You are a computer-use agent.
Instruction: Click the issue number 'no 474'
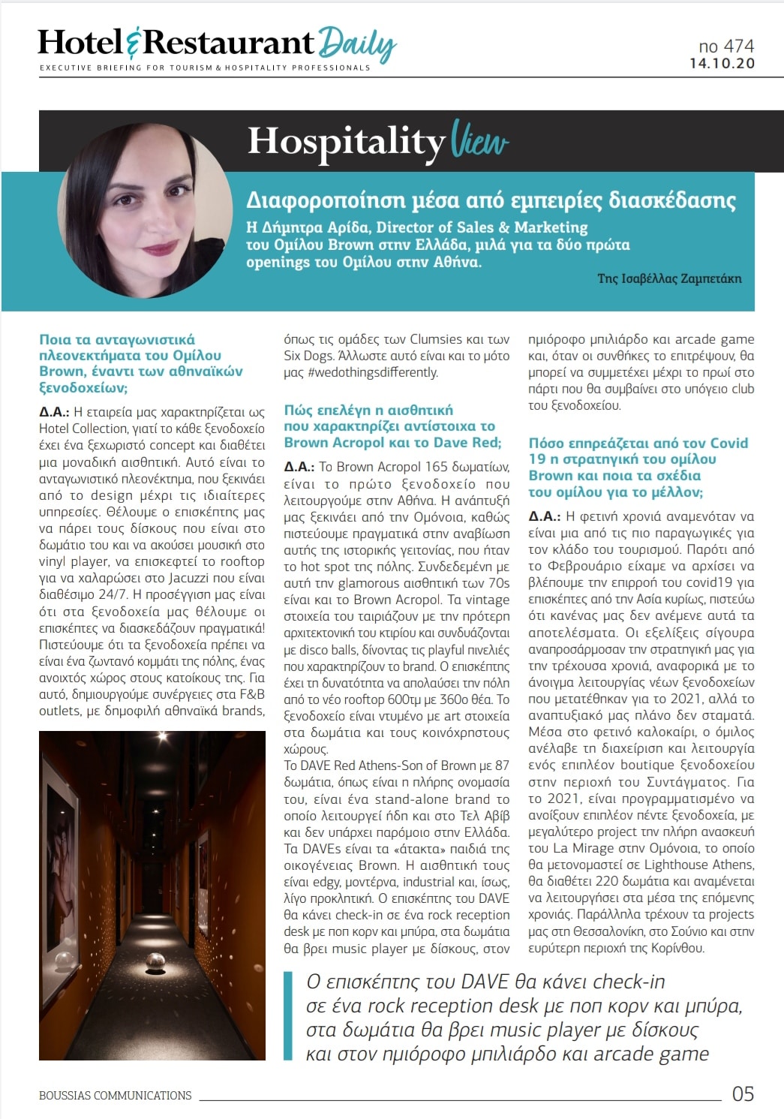pyautogui.click(x=725, y=46)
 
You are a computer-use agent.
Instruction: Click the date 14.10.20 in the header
pyautogui.click(x=722, y=64)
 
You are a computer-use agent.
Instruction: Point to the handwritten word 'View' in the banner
pyautogui.click(x=479, y=140)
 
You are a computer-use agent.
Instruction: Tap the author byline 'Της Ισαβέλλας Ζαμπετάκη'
pyautogui.click(x=668, y=278)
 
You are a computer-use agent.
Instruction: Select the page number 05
pyautogui.click(x=742, y=1093)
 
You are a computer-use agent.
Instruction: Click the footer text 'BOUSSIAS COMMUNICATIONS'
pyautogui.click(x=115, y=1095)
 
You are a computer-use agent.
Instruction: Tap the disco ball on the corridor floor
pyautogui.click(x=155, y=959)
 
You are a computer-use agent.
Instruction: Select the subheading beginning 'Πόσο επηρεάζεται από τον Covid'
pyautogui.click(x=638, y=467)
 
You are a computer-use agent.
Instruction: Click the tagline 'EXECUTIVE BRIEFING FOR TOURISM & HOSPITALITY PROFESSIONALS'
pyautogui.click(x=205, y=68)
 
